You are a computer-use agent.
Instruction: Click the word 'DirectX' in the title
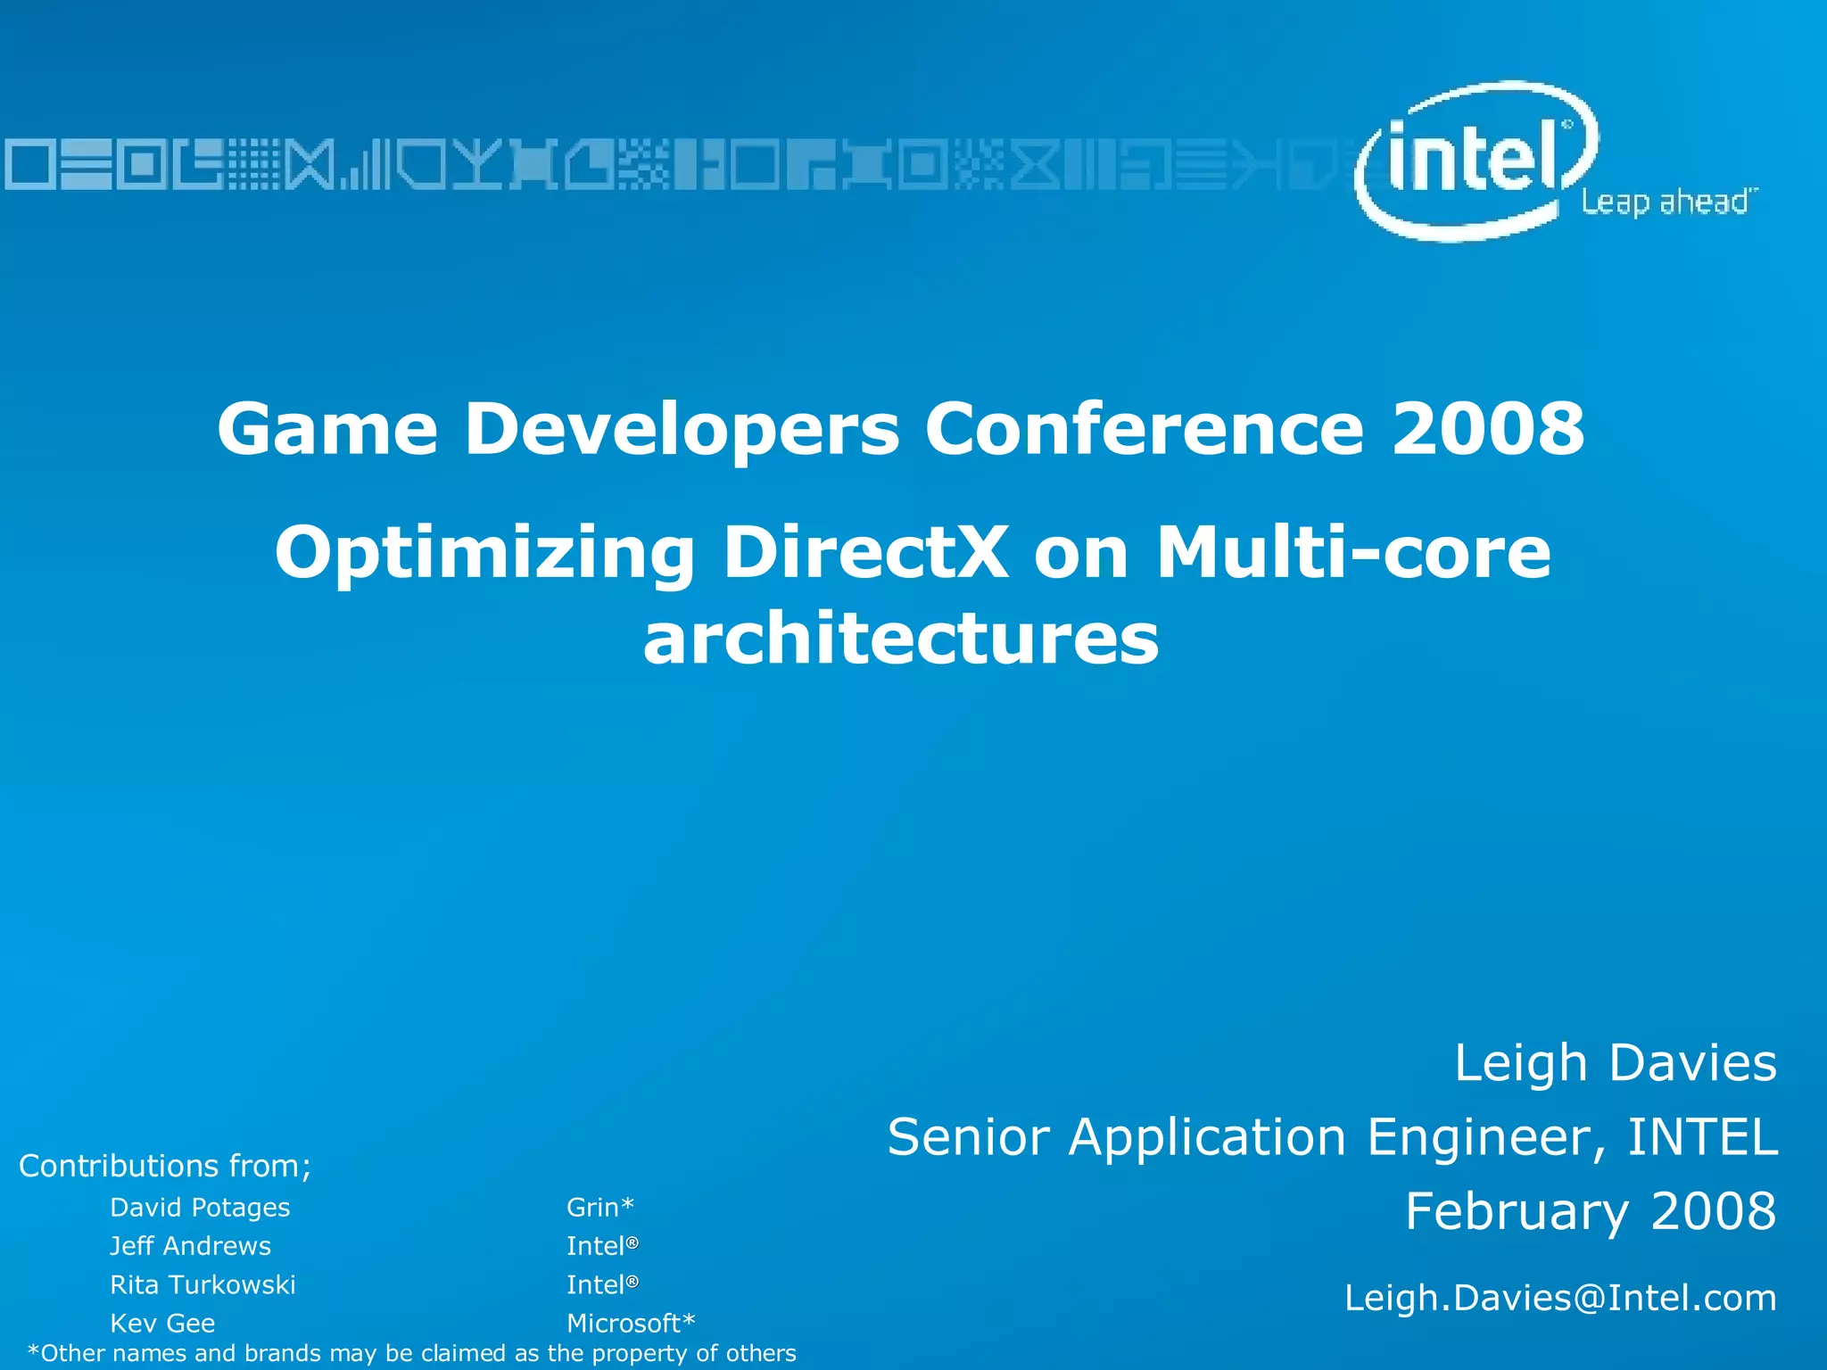click(x=865, y=552)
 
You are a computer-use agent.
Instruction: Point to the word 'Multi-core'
click(x=1353, y=552)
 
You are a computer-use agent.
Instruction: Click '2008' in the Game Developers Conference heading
click(x=1488, y=429)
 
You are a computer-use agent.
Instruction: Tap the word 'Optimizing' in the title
click(x=484, y=554)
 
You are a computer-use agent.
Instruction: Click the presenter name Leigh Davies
click(x=1615, y=1063)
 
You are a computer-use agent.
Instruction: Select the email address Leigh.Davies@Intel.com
click(x=1560, y=1298)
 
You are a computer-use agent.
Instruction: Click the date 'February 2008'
click(x=1591, y=1211)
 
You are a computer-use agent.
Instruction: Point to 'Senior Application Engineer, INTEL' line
click(x=1332, y=1137)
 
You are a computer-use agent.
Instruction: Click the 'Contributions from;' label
click(x=165, y=1166)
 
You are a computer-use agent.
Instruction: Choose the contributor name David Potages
click(x=200, y=1208)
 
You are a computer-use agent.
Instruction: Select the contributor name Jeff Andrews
click(x=190, y=1246)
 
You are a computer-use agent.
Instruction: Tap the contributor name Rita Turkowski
click(x=203, y=1284)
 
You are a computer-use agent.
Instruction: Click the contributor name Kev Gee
click(x=162, y=1323)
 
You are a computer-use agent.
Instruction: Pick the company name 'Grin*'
click(x=599, y=1207)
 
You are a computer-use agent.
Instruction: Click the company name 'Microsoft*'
click(x=630, y=1323)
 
